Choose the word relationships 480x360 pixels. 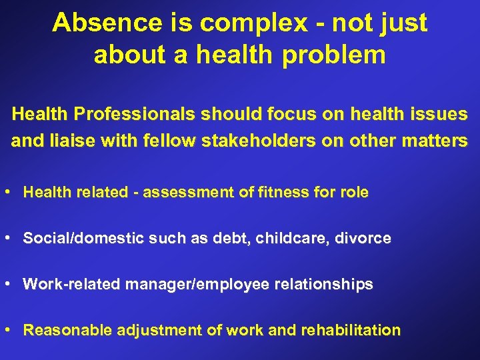(x=322, y=285)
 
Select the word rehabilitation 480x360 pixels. (x=351, y=330)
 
